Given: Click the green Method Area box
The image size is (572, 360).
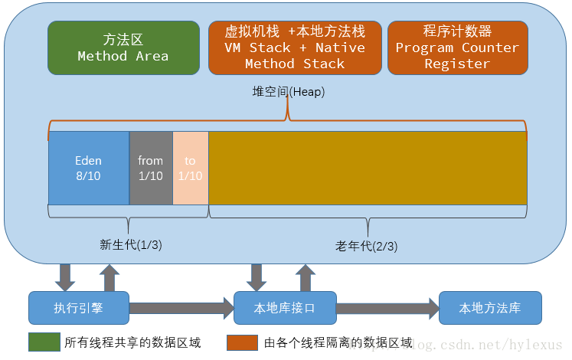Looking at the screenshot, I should pos(123,47).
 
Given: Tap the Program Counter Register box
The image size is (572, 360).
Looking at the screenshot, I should pos(457,47).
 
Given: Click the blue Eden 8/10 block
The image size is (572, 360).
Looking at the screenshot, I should pos(89,168).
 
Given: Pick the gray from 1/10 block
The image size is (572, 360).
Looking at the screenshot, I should pos(151,168).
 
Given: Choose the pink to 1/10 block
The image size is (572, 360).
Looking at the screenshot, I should pos(191,168).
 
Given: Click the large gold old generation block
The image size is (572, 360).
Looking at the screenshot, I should pos(368,168).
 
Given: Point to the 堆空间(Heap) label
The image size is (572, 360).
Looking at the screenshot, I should pos(289,92).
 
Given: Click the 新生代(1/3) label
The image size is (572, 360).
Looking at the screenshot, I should pos(131,244).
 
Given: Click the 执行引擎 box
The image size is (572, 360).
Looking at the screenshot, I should pos(78,308).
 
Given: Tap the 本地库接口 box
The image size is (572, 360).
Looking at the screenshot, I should pos(284,308).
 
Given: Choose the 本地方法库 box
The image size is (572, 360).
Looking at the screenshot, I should pos(490,308).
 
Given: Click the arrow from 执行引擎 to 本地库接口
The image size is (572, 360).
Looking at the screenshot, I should pos(181,309).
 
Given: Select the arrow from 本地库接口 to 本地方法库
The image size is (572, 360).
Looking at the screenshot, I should pos(387,309).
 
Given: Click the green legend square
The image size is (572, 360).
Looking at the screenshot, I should pos(43,342).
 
